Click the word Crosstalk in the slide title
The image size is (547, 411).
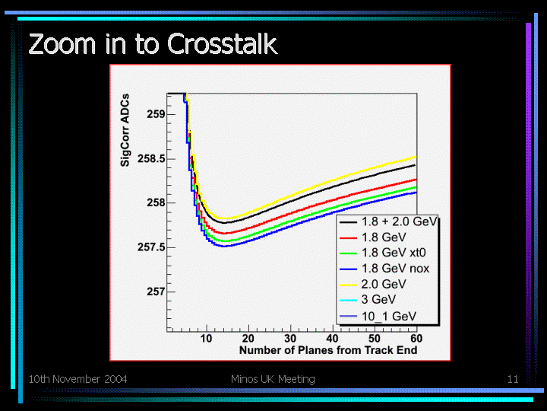(x=222, y=43)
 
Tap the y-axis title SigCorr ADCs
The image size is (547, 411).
(x=125, y=130)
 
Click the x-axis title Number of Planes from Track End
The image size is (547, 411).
(x=328, y=350)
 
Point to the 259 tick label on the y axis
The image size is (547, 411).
(x=156, y=114)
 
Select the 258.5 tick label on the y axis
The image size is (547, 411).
(x=151, y=158)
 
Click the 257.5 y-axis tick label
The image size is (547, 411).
(x=151, y=247)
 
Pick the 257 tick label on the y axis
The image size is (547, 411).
(x=156, y=292)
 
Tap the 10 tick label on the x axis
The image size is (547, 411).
(x=206, y=338)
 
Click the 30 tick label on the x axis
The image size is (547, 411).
(x=290, y=338)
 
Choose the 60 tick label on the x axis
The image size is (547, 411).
(x=416, y=338)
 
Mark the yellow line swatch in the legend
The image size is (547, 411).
(x=348, y=285)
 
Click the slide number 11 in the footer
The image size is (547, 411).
(x=513, y=379)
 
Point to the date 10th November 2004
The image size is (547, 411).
(x=77, y=379)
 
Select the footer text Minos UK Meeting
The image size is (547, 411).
(x=273, y=379)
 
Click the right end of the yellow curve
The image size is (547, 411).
(x=416, y=157)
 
